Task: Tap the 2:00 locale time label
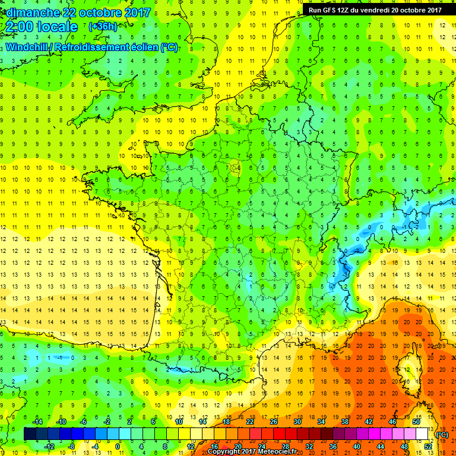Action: coord(41,27)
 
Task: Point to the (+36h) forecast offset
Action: coord(102,27)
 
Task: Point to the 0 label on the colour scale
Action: coord(118,446)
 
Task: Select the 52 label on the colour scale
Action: coord(427,446)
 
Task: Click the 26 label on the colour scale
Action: coord(274,422)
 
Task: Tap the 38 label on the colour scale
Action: coord(344,422)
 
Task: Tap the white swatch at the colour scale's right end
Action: coord(422,434)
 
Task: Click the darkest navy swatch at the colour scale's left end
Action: coord(30,434)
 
